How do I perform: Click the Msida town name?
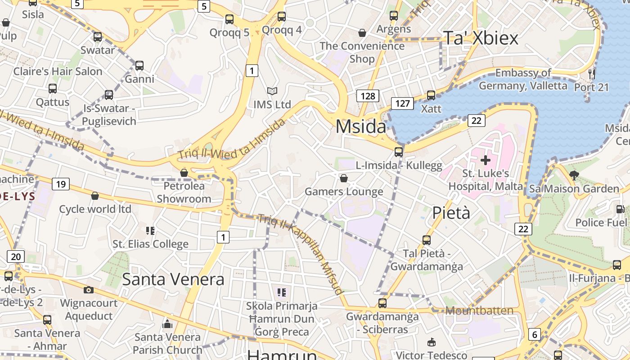[361, 127]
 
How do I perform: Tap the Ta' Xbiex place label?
[481, 38]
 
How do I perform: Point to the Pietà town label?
[451, 213]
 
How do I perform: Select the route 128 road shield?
[368, 96]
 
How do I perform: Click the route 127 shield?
[402, 103]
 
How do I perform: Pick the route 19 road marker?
[60, 184]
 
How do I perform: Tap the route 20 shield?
[16, 257]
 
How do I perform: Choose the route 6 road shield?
[534, 334]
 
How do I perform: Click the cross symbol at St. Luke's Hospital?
[486, 160]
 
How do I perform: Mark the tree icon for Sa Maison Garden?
[574, 175]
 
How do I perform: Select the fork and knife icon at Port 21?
[592, 73]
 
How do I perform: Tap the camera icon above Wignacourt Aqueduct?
[89, 290]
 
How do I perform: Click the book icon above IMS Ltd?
[272, 91]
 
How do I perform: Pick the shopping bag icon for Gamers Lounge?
[344, 179]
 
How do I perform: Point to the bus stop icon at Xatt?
[431, 95]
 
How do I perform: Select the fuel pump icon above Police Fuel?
[620, 209]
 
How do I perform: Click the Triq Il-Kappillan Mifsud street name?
[301, 254]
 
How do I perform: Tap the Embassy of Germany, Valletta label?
[523, 79]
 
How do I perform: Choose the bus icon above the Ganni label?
[139, 66]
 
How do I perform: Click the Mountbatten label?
[479, 310]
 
